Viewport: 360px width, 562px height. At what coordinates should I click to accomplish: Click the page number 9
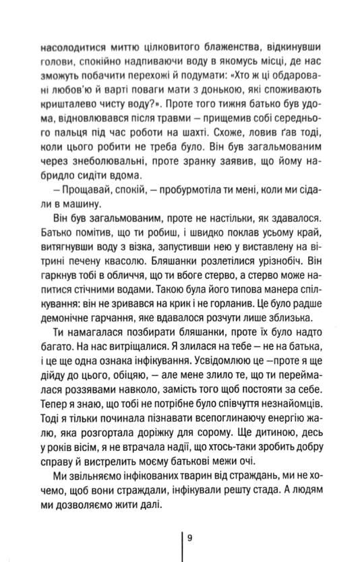[x=191, y=537]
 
